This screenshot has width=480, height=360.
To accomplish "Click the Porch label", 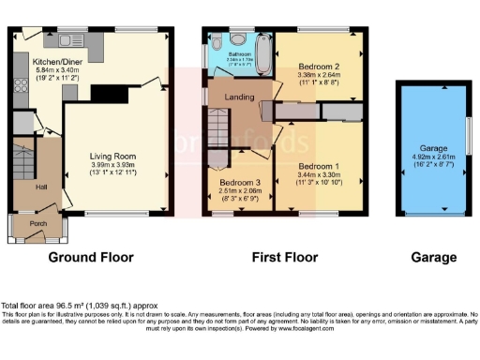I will (x=37, y=223).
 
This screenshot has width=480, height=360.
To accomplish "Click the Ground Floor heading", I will (x=90, y=257).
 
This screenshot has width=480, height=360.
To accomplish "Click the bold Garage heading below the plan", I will (x=432, y=257).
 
